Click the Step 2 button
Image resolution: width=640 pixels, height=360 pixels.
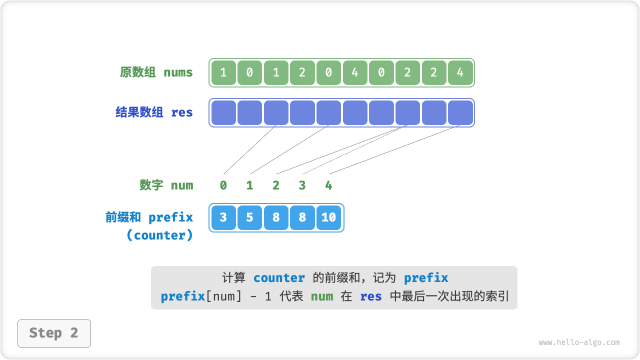54,333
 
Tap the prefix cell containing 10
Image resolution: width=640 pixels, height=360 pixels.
328,217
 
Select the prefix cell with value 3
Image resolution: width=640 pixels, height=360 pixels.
223,217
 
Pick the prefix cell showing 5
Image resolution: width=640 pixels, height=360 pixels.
249,217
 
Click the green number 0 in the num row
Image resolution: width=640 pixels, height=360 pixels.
223,185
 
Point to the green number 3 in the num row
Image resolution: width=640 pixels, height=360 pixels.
302,185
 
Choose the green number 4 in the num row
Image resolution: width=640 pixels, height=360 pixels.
328,185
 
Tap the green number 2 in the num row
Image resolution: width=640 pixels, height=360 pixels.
276,185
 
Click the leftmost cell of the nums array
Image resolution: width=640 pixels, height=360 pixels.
223,72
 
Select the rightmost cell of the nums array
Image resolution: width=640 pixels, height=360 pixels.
460,72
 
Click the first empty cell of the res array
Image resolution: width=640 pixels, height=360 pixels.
223,112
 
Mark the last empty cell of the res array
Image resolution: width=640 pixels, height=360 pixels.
460,112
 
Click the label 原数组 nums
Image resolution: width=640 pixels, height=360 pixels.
156,72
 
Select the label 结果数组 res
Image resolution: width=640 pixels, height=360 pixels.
154,112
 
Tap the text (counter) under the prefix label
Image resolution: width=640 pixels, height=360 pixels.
159,235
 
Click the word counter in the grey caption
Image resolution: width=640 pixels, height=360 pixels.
279,278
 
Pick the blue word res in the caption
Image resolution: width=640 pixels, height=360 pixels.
370,296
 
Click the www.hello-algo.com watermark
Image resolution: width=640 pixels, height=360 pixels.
579,342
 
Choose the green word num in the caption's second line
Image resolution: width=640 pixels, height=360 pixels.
322,296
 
